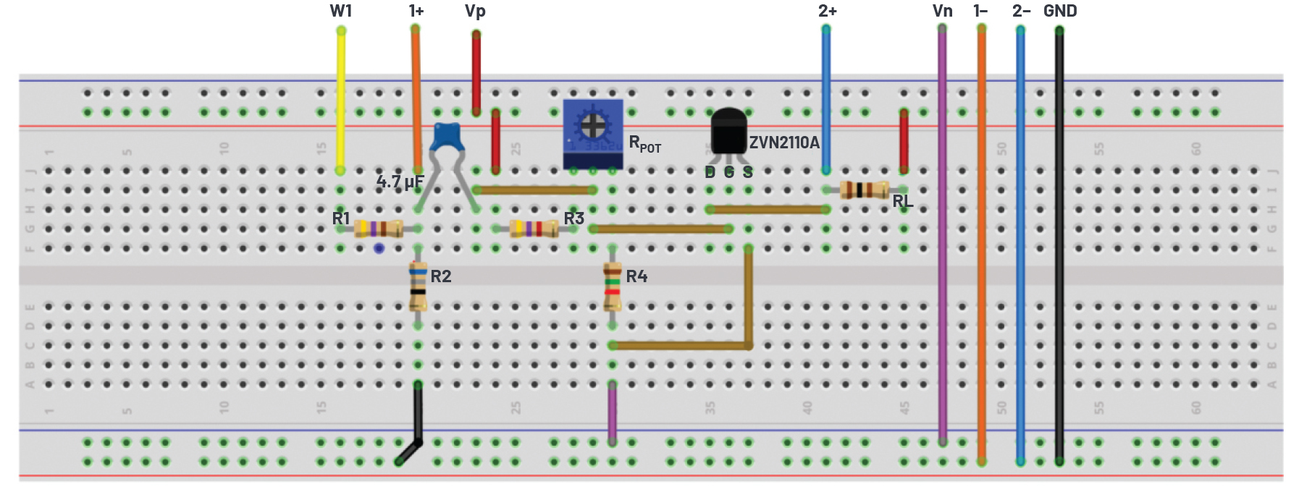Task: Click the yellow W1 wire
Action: (340, 101)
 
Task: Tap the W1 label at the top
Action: (340, 11)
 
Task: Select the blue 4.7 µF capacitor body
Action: (447, 137)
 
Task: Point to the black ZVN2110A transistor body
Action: (728, 132)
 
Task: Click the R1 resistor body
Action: (378, 229)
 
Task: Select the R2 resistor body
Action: (418, 285)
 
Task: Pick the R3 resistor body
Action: (534, 229)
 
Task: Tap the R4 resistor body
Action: (613, 286)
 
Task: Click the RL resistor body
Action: (864, 190)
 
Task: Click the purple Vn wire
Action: (942, 239)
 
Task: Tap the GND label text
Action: (1060, 11)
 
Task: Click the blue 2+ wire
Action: (825, 101)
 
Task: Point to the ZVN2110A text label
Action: (784, 143)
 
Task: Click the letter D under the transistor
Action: (710, 172)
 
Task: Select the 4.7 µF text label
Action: (400, 182)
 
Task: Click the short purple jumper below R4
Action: (613, 412)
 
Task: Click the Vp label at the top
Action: (475, 11)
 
